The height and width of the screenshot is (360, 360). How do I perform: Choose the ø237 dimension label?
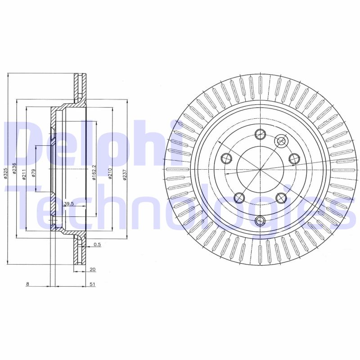(x=125, y=175)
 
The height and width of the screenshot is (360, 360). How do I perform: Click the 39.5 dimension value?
(x=68, y=204)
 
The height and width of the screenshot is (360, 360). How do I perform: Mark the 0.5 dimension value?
(x=96, y=245)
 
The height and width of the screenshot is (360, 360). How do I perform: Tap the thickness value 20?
(x=92, y=270)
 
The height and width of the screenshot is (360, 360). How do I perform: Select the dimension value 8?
(x=27, y=284)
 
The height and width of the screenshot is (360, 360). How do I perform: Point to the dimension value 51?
(x=92, y=284)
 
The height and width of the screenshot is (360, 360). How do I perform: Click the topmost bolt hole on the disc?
(x=260, y=134)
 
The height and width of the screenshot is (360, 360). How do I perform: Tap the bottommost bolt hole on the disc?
(x=260, y=220)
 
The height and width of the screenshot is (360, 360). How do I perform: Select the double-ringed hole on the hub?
(x=281, y=141)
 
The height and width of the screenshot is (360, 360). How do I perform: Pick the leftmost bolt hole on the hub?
(x=226, y=158)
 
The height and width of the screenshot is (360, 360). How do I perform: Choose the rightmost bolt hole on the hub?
(x=294, y=158)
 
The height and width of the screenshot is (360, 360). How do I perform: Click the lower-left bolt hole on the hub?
(x=239, y=197)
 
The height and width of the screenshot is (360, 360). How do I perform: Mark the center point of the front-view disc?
(x=261, y=169)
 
